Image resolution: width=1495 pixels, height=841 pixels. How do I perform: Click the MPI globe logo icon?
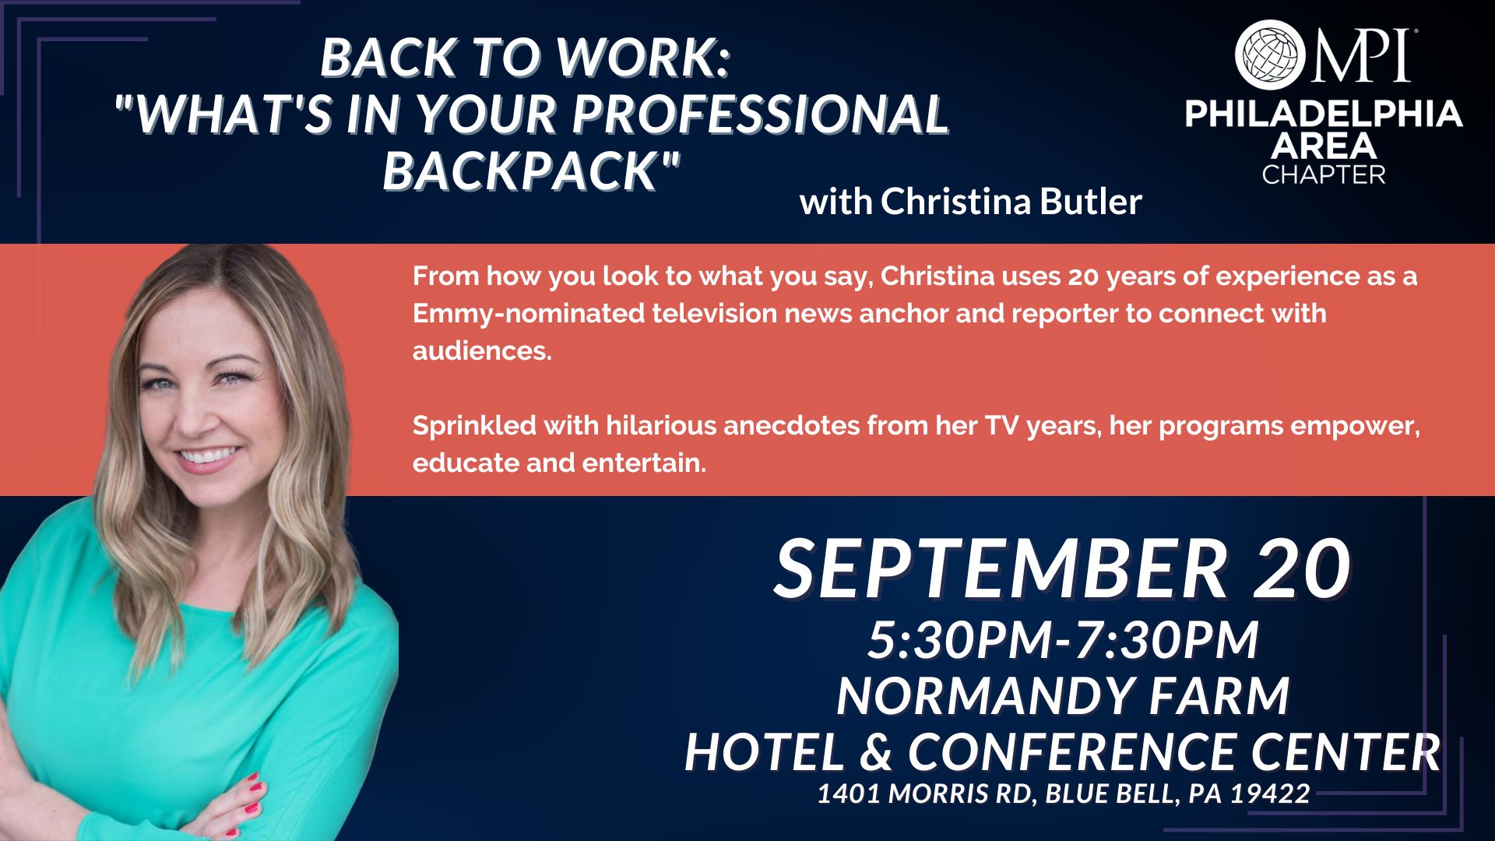[x=1270, y=55]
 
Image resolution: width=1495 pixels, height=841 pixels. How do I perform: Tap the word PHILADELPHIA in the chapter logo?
[x=1324, y=114]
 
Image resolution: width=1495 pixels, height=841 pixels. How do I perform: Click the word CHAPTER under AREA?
[x=1324, y=174]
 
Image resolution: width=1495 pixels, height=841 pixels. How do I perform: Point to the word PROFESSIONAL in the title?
[x=760, y=114]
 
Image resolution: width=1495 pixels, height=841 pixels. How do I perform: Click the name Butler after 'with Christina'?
[x=1090, y=202]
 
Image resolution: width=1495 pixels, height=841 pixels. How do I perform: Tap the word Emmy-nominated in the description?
[x=529, y=314]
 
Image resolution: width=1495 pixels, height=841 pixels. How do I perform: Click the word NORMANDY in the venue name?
[x=982, y=695]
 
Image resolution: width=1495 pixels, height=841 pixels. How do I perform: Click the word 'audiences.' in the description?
[x=482, y=351]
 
